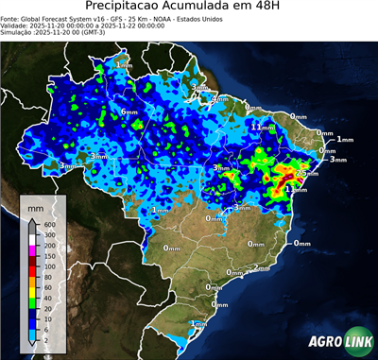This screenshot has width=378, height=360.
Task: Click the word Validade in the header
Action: coord(17,26)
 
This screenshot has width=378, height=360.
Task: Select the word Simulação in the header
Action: coord(17,32)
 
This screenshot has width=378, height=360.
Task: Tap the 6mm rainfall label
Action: coord(129,111)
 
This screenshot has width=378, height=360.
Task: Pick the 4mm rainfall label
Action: coord(219,97)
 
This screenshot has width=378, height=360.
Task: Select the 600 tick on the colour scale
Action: coord(49,224)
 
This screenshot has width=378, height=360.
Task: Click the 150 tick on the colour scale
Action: coord(49,255)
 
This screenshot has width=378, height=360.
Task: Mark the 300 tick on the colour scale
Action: coord(49,234)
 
